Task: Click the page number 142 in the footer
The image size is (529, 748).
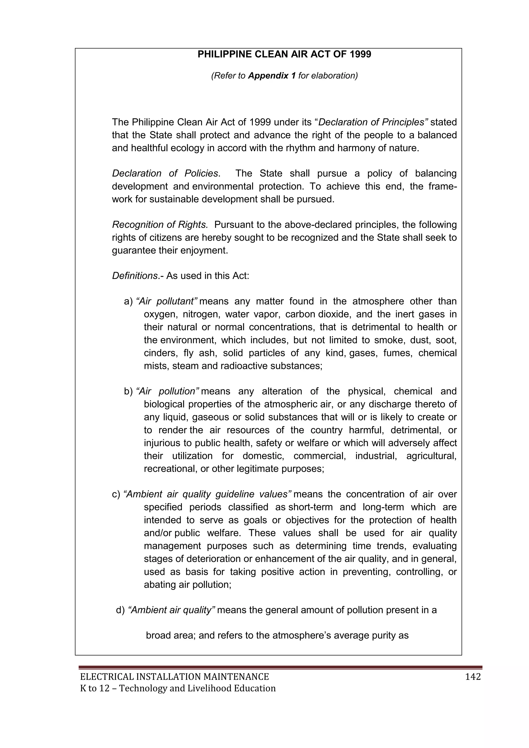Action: [x=473, y=677]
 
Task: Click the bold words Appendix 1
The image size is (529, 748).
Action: [x=272, y=76]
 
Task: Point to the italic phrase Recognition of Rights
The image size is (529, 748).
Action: [x=160, y=225]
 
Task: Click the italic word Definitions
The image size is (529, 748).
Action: [x=135, y=276]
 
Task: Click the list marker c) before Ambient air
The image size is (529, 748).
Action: [x=116, y=495]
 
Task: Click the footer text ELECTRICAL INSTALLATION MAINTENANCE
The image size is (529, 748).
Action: [x=174, y=677]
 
